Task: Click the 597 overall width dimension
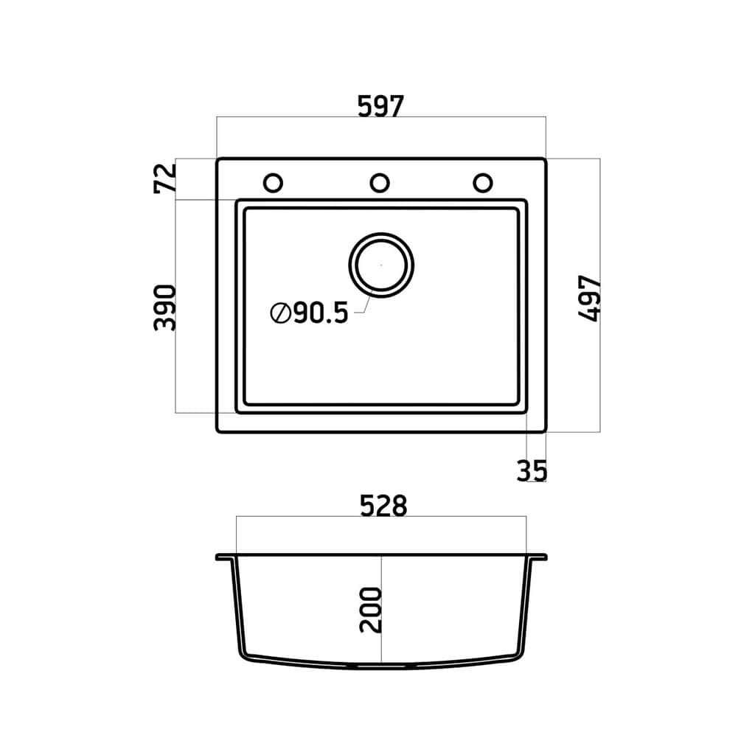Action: (x=380, y=106)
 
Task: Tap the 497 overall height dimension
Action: (x=589, y=299)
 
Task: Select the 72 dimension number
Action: (x=165, y=178)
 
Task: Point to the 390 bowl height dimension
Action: (x=165, y=307)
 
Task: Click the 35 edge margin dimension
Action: (x=532, y=471)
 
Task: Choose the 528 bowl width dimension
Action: (x=383, y=506)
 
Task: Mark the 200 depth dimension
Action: (x=371, y=610)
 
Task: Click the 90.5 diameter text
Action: (x=321, y=313)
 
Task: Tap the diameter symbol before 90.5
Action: (x=281, y=313)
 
